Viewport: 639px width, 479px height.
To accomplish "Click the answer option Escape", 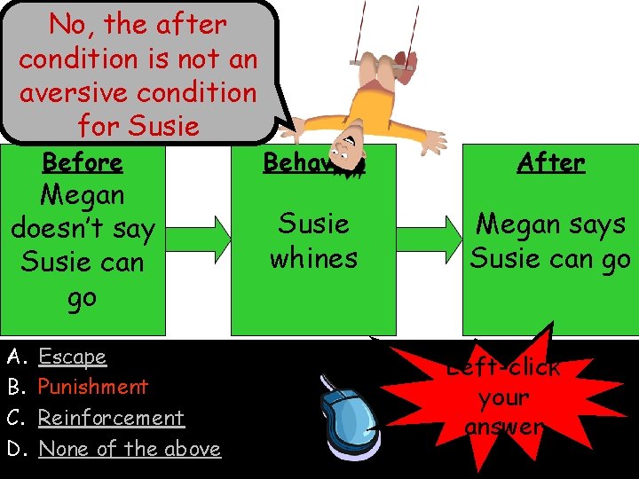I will pos(72,357).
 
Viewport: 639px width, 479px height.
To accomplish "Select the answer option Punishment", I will pos(92,387).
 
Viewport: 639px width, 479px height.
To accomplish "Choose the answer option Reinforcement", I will pos(111,418).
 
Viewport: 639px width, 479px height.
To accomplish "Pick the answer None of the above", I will pos(130,449).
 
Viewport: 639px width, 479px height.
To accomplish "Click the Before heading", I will pos(83,162).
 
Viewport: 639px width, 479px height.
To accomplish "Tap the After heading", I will pos(550,162).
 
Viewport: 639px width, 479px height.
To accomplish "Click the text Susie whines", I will pos(313,240).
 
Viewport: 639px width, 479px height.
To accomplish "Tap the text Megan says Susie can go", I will pos(550,240).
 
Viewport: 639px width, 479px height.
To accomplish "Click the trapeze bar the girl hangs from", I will pos(383,62).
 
